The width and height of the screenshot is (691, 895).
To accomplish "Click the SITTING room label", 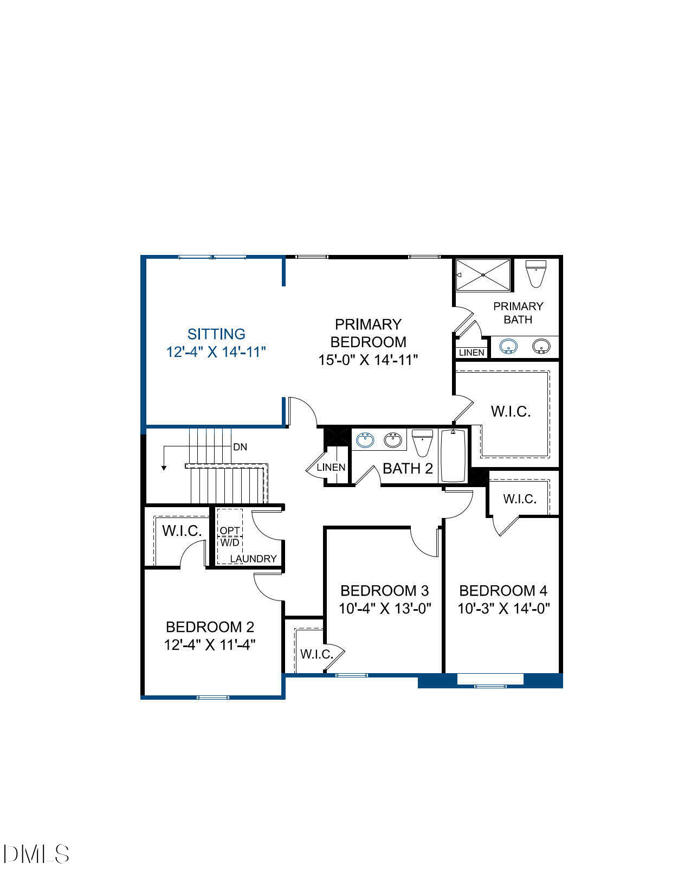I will (216, 334).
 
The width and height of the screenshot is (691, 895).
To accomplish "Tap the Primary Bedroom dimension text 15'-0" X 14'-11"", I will (368, 360).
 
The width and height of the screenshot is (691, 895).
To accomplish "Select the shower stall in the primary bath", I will (483, 275).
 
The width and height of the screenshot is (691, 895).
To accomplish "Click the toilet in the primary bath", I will (536, 274).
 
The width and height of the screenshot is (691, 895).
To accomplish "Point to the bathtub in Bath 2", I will (453, 456).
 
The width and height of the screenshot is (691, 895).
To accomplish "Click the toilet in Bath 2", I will (422, 443).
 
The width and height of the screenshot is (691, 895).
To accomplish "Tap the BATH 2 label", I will (408, 469).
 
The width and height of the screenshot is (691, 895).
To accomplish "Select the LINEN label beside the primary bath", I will (472, 353).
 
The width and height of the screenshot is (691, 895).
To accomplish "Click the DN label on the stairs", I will (240, 447).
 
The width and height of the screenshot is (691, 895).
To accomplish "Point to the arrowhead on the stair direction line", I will (164, 468).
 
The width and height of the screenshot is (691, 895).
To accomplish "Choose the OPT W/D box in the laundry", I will (230, 536).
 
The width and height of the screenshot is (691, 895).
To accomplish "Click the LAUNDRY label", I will (253, 559).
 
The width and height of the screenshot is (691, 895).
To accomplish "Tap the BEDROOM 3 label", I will (384, 590).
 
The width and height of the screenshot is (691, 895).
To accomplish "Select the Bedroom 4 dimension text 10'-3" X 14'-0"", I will (503, 609).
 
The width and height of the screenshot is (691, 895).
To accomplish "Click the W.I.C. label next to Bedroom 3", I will (317, 654).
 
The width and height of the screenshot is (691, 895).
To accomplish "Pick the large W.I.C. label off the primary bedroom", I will (511, 411).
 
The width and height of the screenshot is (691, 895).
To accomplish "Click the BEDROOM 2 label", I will (210, 627).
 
